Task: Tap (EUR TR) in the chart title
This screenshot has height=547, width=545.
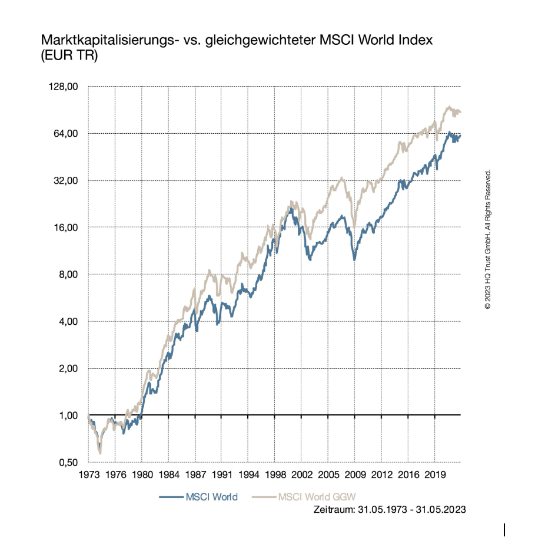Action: point(69,56)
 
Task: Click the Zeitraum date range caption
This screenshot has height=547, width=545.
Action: point(391,510)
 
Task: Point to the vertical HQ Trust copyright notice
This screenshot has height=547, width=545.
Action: point(487,240)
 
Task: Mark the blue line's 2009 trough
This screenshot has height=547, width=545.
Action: point(354,259)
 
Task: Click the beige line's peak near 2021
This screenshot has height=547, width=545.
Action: point(449,107)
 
